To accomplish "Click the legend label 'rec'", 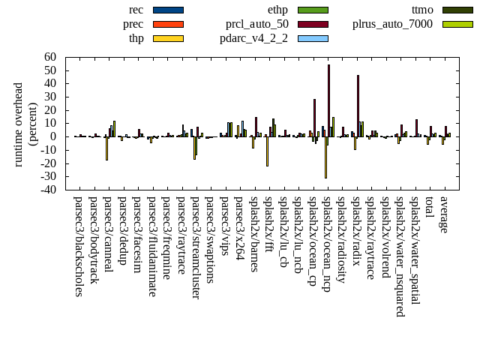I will click(x=136, y=10).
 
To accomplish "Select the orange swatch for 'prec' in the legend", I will click(x=168, y=24).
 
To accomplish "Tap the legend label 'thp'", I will click(x=136, y=38).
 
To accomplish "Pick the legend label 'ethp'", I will click(x=277, y=10).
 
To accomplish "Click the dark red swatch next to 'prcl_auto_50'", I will click(x=313, y=24).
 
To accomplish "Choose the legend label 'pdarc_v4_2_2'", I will click(x=254, y=38).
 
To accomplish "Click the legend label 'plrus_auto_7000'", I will click(x=392, y=24).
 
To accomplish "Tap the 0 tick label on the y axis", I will click(x=53, y=136).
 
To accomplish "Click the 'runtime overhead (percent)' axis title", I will click(x=25, y=124).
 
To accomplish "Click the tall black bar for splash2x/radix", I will click(x=358, y=106).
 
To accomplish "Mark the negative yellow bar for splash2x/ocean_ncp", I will click(x=325, y=157).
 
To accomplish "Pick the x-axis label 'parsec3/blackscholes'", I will click(x=79, y=246).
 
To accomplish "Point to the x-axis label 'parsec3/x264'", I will click(x=239, y=228).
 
